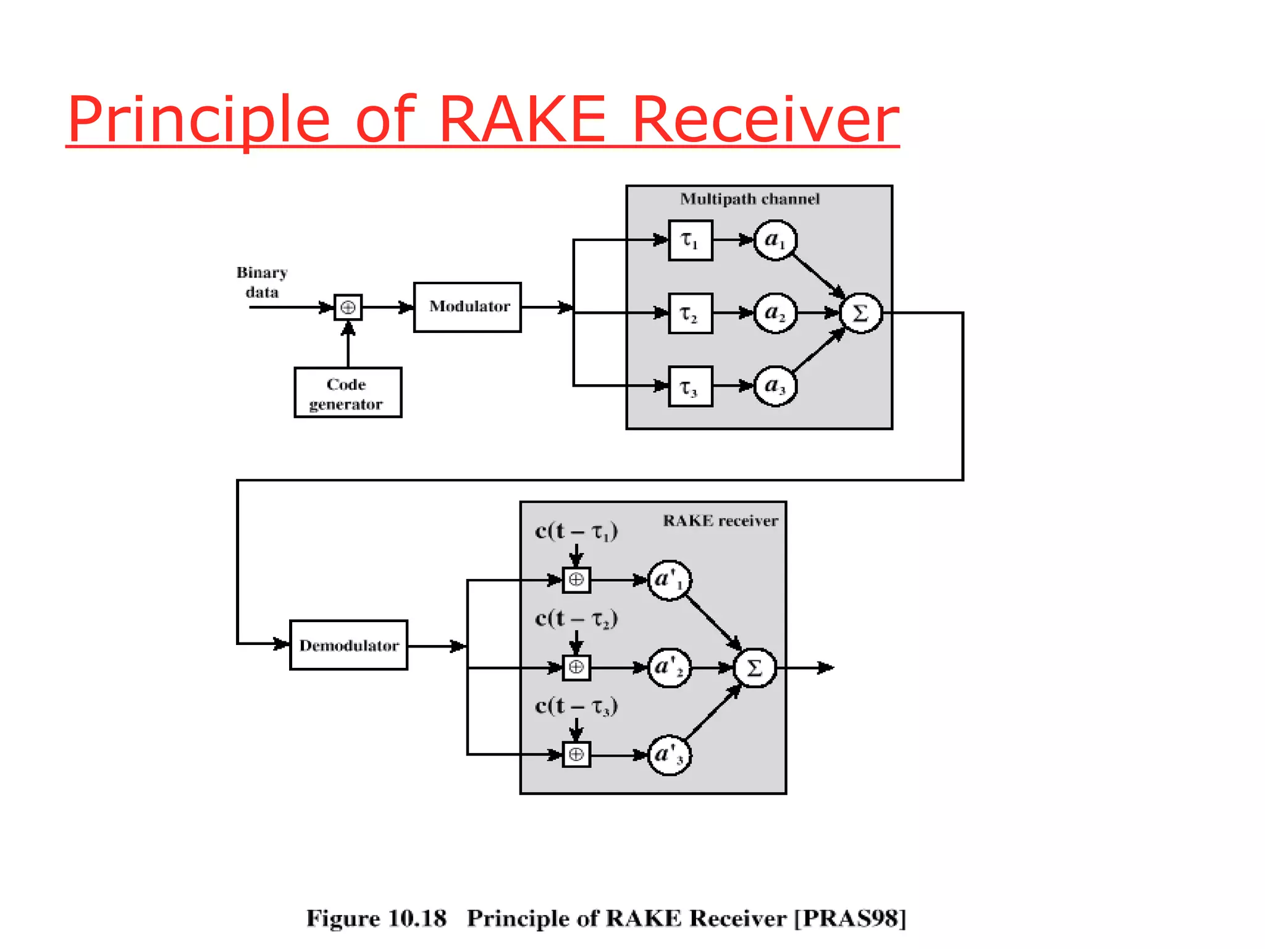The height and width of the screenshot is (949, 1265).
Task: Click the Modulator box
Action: pos(467,307)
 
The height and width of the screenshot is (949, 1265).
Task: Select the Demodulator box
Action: pos(348,645)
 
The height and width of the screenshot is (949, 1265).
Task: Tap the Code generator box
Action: pos(348,393)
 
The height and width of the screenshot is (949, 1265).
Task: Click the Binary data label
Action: pos(262,282)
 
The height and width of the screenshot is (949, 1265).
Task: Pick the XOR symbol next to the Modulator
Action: pos(348,307)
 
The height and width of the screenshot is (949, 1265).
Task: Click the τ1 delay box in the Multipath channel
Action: pos(690,240)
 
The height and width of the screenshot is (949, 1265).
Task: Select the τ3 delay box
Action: pos(690,387)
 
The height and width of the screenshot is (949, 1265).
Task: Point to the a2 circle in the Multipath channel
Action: pos(775,313)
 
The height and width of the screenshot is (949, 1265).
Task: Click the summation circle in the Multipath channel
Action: pos(860,313)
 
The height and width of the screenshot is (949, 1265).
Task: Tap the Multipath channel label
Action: pos(750,199)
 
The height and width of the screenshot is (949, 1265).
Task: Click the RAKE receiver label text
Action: pos(720,521)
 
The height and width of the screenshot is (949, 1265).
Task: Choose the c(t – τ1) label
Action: pos(576,531)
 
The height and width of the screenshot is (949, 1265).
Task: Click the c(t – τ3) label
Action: pos(576,706)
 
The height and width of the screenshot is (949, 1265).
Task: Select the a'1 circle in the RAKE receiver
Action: pos(669,580)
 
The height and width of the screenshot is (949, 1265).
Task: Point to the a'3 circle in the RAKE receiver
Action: pos(669,754)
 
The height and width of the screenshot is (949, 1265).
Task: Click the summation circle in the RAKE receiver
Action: pos(754,668)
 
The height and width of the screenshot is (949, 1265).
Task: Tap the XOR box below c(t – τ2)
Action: pos(576,668)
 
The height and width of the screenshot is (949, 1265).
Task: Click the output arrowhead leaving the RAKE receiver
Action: pos(826,668)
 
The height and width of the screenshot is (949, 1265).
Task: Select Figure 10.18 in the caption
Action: pos(376,918)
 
